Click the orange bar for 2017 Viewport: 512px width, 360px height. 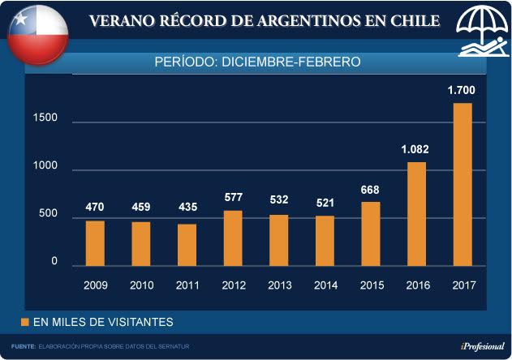[462, 185]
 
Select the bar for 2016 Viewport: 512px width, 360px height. [415, 214]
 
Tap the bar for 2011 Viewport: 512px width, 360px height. [187, 245]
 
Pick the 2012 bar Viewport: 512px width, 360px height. [233, 238]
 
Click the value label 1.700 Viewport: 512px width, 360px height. [462, 90]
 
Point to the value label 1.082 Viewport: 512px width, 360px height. [415, 149]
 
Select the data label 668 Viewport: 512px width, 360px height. [370, 190]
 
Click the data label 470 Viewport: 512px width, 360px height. [95, 207]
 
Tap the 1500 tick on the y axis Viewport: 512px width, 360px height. [45, 119]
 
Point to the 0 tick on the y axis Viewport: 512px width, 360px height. [54, 262]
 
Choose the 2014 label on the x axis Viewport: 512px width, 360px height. [325, 285]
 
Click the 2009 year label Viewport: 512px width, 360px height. [95, 285]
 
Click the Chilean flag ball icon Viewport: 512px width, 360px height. [37, 34]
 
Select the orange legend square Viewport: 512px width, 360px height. [25, 322]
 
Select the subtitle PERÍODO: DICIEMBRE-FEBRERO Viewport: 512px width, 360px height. [257, 61]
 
